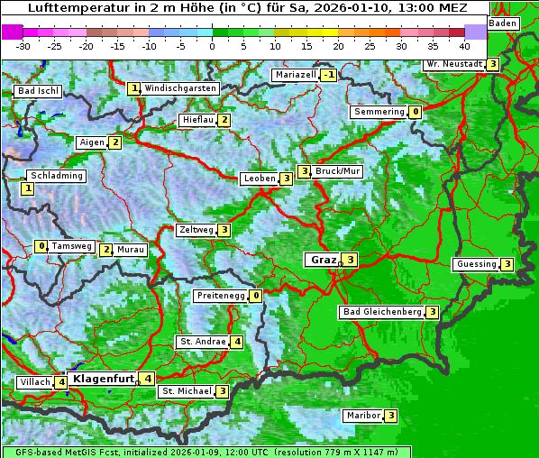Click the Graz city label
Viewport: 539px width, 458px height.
pyautogui.click(x=323, y=260)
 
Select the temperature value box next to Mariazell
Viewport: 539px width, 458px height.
pyautogui.click(x=329, y=75)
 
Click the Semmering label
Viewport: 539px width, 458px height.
pyautogui.click(x=379, y=112)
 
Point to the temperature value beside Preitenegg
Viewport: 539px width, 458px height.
pyautogui.click(x=257, y=295)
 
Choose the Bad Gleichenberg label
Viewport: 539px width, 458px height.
pyautogui.click(x=381, y=312)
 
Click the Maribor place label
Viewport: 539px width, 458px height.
pyautogui.click(x=362, y=416)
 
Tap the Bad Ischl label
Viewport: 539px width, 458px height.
pyautogui.click(x=39, y=91)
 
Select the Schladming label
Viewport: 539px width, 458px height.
pyautogui.click(x=57, y=176)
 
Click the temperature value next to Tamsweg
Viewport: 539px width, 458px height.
pyautogui.click(x=41, y=246)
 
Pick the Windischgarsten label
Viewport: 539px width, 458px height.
pyautogui.click(x=180, y=88)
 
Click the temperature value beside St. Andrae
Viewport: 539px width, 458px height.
pyautogui.click(x=236, y=342)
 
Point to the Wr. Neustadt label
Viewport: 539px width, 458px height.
pyautogui.click(x=453, y=64)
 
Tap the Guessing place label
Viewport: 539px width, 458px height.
pyautogui.click(x=477, y=264)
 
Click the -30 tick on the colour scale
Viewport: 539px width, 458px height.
pyautogui.click(x=23, y=45)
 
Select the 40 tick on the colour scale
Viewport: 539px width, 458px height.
pyautogui.click(x=464, y=45)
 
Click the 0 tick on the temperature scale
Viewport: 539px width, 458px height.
pyautogui.click(x=212, y=45)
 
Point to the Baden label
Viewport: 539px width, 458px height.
pyautogui.click(x=503, y=23)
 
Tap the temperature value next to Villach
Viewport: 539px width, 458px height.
pyautogui.click(x=61, y=382)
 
